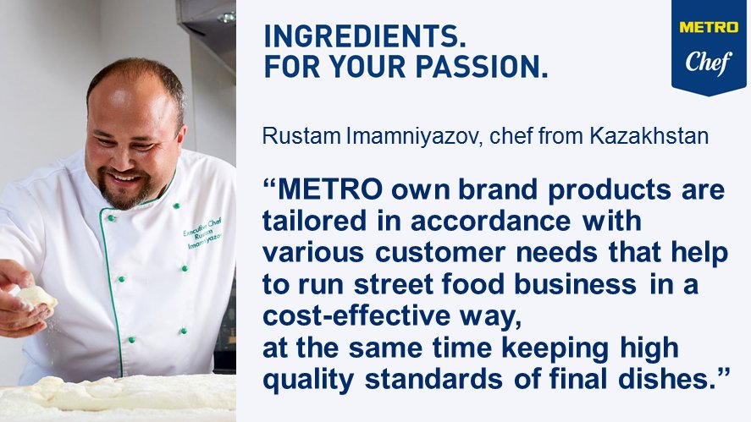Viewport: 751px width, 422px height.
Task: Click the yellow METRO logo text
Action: (708, 27)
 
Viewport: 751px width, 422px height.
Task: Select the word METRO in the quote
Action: (331, 189)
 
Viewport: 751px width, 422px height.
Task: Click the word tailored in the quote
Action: (310, 221)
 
